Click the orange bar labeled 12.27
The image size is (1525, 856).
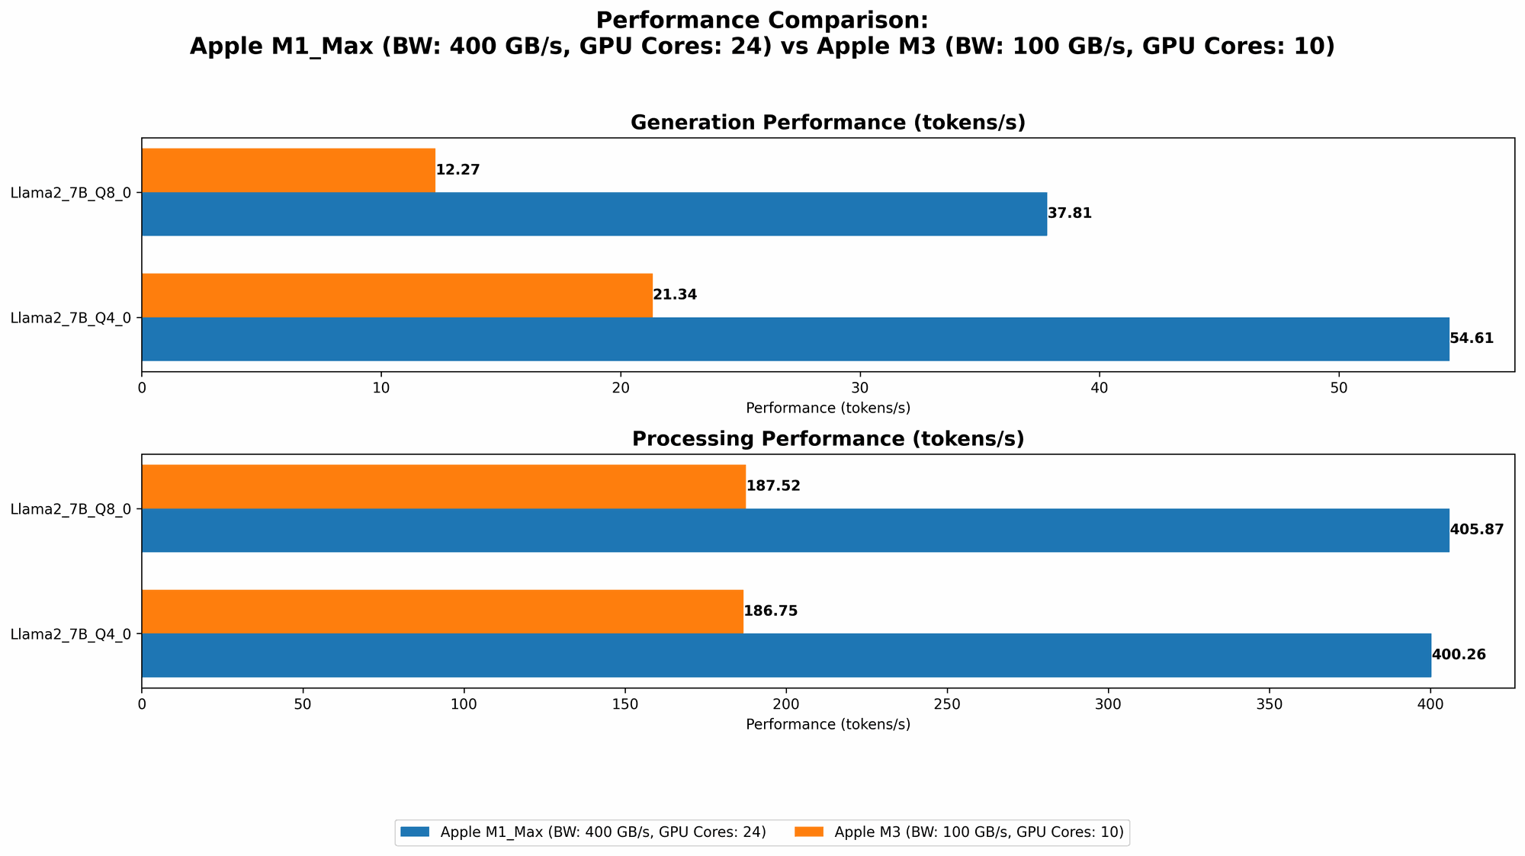[288, 170]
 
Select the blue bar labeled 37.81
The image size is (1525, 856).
[594, 213]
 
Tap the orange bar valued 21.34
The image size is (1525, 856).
[396, 295]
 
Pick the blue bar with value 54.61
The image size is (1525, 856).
[795, 338]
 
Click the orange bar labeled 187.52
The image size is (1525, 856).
[443, 486]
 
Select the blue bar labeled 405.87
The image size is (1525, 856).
[795, 530]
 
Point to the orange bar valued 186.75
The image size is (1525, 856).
[442, 611]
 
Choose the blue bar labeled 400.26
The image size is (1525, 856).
[786, 655]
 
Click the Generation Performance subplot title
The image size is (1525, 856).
[827, 123]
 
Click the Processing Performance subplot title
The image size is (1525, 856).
[827, 439]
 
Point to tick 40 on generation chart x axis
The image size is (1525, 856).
[1100, 388]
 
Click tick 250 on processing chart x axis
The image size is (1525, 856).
[947, 704]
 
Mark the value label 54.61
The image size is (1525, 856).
[1472, 338]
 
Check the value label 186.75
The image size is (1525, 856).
[770, 611]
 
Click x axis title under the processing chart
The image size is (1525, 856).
[827, 724]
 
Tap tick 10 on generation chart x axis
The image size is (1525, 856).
[381, 388]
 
